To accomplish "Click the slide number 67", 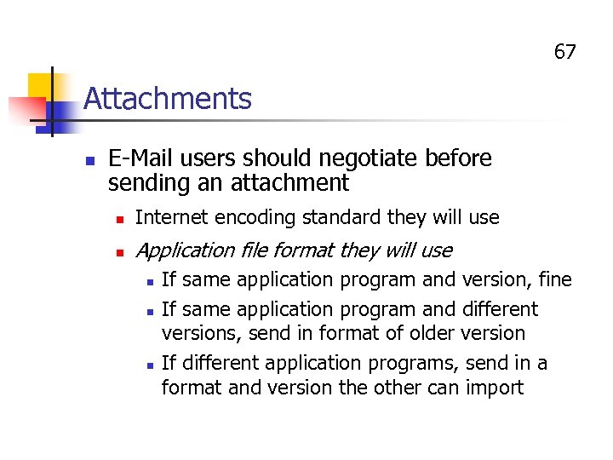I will click(x=565, y=52).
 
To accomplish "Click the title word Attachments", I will click(x=168, y=99).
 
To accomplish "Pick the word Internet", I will click(x=172, y=217).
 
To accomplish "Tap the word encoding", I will click(x=253, y=218).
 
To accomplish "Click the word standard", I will click(x=339, y=217).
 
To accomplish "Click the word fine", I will click(x=553, y=279).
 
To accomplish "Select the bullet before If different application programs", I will click(x=149, y=364).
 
